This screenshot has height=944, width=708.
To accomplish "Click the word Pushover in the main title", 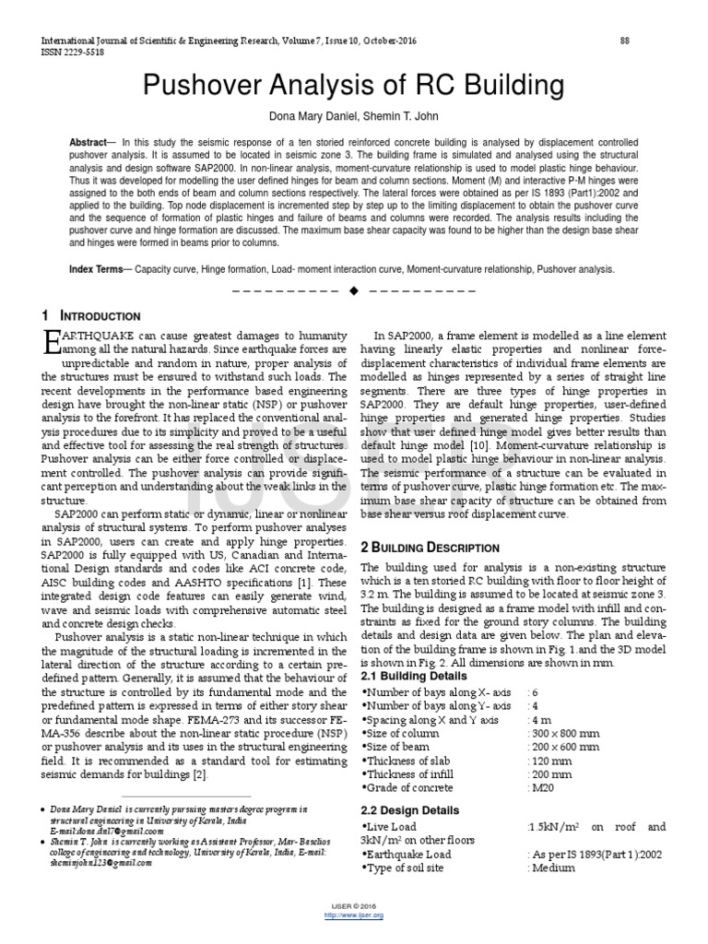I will point(202,87).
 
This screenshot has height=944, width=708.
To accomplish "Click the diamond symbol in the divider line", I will point(354,291).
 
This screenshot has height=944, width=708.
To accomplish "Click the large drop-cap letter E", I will point(52,344).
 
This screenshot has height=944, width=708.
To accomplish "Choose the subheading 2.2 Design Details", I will point(412,809).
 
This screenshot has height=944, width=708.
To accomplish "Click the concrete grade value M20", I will point(544,788).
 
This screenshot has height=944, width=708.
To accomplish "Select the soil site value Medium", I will point(553,868).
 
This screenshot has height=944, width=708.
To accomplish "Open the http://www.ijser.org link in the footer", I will point(354,914).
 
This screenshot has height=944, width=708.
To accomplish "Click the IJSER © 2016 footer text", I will point(354,907).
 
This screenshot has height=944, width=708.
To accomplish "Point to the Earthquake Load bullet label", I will point(408,855).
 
